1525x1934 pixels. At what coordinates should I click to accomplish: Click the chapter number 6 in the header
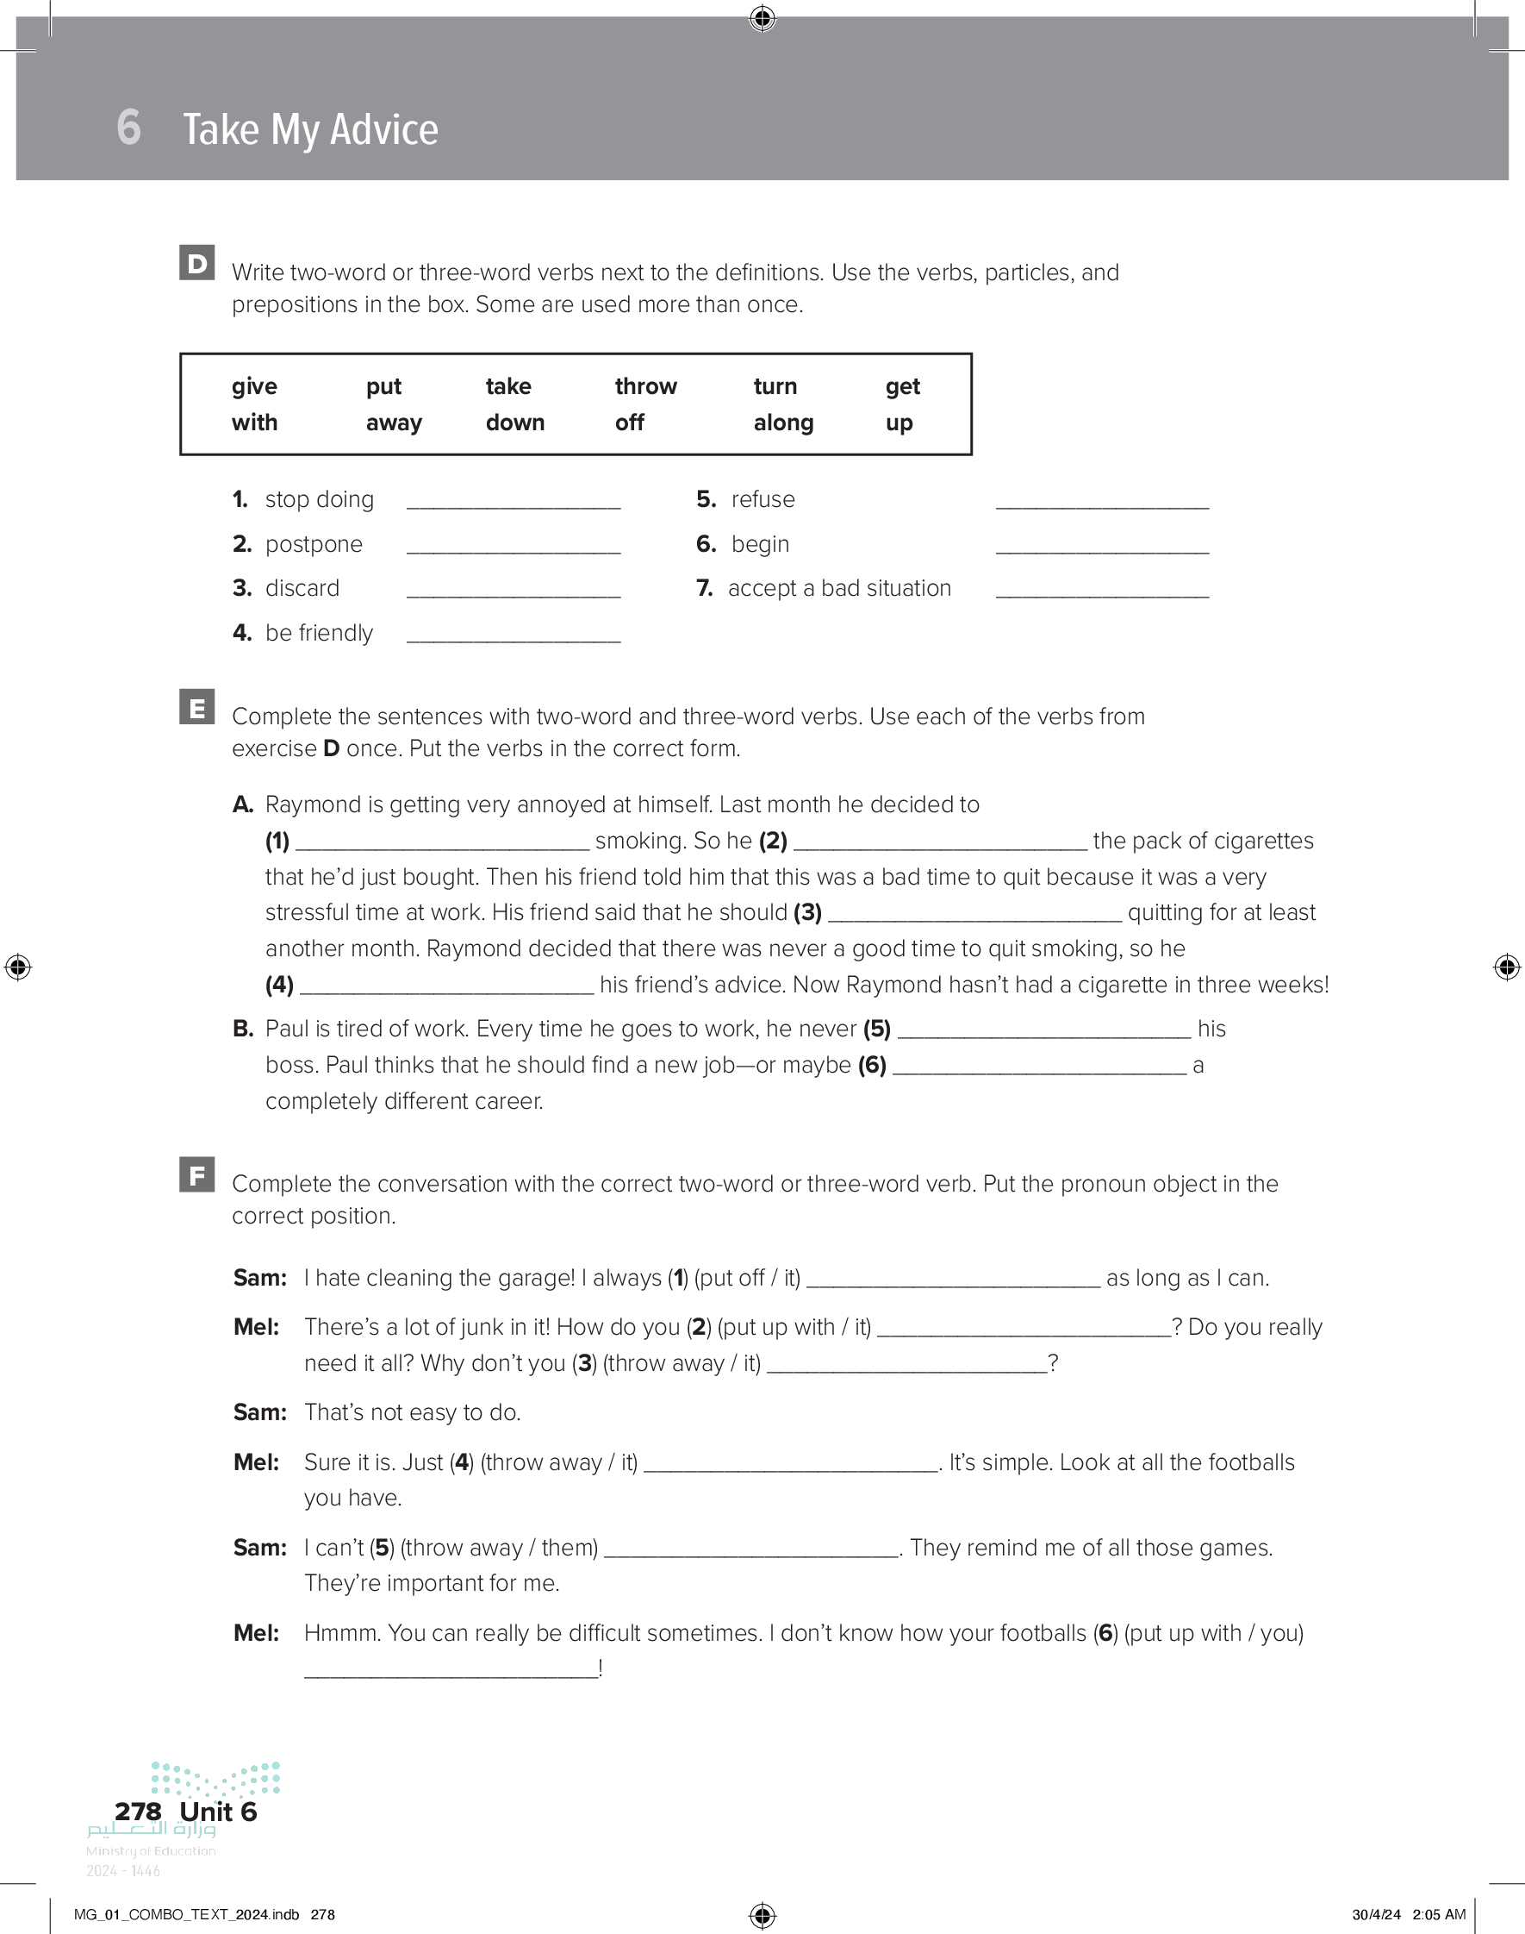[x=128, y=127]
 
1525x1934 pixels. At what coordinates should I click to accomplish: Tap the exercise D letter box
[x=197, y=263]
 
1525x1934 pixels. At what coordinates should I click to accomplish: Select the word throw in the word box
[x=645, y=386]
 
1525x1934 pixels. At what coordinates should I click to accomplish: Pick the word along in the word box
[x=783, y=422]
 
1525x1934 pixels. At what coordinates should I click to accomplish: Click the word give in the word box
[x=254, y=386]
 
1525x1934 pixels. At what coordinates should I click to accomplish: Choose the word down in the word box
[x=515, y=422]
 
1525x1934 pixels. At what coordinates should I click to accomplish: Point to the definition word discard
[x=302, y=588]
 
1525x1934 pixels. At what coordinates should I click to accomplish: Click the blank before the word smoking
[x=442, y=843]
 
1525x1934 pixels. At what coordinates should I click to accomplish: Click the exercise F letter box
[x=197, y=1174]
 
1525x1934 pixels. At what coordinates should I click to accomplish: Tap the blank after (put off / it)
[x=953, y=1280]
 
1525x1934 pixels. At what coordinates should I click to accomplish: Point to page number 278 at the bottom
[x=139, y=1811]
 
